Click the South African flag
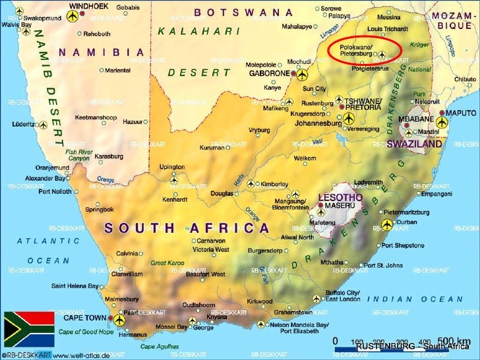pos(28,330)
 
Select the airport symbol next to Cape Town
pos(119,320)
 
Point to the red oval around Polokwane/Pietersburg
pos(365,50)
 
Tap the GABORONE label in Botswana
pos(268,74)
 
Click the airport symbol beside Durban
pos(387,225)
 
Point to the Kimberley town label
pos(274,184)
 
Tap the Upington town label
pos(172,167)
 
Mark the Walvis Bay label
pos(16,24)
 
